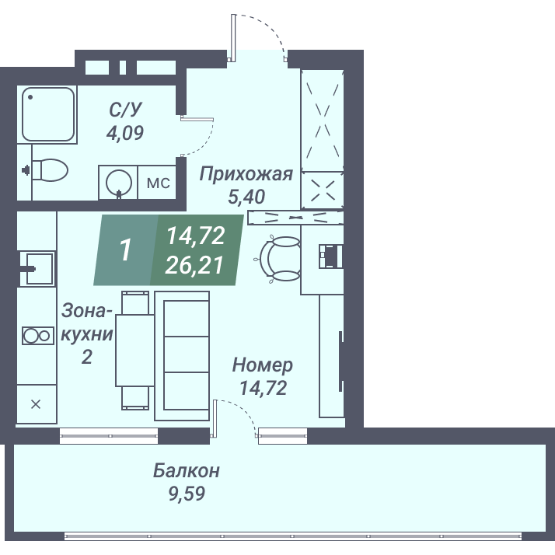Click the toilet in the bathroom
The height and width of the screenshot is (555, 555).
[x=50, y=170]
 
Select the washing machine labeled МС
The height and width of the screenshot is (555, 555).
[x=157, y=183]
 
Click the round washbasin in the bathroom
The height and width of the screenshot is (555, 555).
[x=118, y=183]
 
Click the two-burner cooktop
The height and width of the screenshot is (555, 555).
[x=38, y=336]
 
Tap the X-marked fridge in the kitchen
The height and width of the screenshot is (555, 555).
[x=37, y=404]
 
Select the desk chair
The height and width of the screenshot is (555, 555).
[x=278, y=259]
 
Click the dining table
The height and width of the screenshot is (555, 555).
[x=134, y=350]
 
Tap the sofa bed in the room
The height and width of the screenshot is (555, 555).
[x=182, y=356]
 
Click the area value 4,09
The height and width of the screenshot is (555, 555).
[x=125, y=133]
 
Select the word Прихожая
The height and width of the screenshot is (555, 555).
[x=246, y=174]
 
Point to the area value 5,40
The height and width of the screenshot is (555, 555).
[x=246, y=197]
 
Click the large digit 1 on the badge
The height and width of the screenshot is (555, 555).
[x=126, y=250]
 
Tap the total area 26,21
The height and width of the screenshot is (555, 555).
[x=194, y=265]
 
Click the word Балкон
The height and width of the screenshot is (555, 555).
[x=187, y=471]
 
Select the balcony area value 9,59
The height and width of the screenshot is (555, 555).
[x=187, y=494]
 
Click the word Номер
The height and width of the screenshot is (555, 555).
[x=263, y=365]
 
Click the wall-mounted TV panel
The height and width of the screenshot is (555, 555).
[x=341, y=361]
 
